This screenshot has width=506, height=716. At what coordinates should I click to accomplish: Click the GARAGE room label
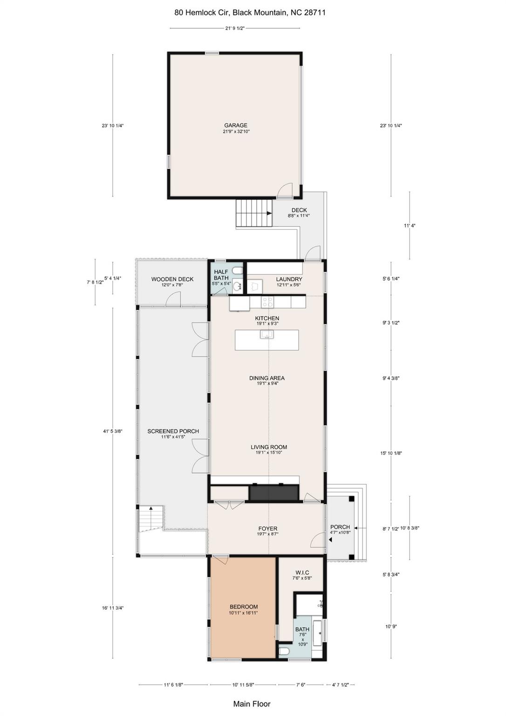coord(236,125)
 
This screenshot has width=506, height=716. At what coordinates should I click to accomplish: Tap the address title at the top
coord(250,13)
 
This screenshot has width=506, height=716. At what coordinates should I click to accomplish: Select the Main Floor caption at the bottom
coord(252,704)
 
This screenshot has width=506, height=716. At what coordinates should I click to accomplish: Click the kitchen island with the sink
coord(267,340)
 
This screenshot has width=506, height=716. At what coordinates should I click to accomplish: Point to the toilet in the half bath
coord(238,270)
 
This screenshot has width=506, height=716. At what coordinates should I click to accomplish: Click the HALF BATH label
coord(221,275)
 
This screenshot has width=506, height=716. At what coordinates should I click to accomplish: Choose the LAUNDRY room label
coord(289,279)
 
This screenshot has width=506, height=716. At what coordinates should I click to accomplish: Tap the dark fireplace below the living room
coord(274,493)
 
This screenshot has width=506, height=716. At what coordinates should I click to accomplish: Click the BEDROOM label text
coord(243,607)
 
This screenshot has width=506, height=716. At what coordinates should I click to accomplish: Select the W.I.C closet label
coord(302,572)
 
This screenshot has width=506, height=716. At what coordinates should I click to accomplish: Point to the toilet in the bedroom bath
coord(284,651)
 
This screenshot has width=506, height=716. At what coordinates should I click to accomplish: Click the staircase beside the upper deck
coord(253,213)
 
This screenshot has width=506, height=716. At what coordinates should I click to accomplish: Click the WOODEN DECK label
coord(172,279)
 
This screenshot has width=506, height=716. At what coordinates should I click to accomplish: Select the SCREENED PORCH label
coord(173,431)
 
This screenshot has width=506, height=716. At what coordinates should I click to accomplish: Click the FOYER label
coord(267,529)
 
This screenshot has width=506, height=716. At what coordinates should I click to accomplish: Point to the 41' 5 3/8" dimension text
coord(113,432)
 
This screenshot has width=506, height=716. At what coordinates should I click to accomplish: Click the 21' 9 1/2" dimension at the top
coord(235,28)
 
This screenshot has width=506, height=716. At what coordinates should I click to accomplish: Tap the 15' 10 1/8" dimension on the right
coord(391,453)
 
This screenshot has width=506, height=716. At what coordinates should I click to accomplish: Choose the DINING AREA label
coord(267,378)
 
